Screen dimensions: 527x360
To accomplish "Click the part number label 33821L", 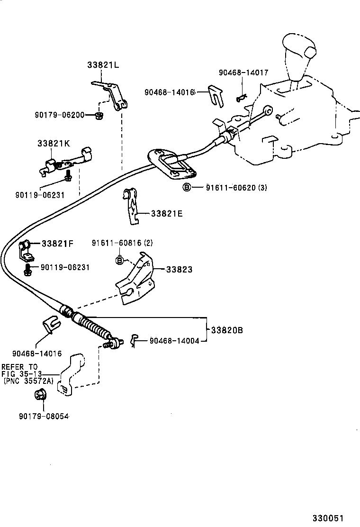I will [x=103, y=65].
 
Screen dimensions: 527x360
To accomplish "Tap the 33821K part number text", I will [x=54, y=143].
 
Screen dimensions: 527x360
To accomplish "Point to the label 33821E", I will [x=167, y=214].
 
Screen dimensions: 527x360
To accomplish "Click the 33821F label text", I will [x=57, y=244].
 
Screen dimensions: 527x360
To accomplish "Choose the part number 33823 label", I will [x=179, y=269].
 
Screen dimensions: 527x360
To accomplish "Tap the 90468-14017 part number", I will [x=243, y=73].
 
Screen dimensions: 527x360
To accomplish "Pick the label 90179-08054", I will [x=44, y=416].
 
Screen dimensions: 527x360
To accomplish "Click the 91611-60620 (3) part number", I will [x=236, y=188].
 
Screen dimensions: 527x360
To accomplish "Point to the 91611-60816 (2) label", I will [x=122, y=243].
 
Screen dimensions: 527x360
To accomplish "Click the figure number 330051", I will [x=327, y=518].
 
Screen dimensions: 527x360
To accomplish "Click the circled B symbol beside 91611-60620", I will [x=187, y=188].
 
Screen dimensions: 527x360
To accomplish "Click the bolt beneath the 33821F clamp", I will [x=28, y=271].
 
